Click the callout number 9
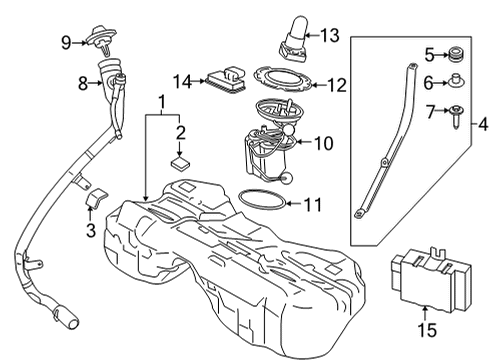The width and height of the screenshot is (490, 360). coord(66,42)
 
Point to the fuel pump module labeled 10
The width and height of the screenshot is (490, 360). coord(265,150)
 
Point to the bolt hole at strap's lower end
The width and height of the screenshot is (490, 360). coord(357,212)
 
